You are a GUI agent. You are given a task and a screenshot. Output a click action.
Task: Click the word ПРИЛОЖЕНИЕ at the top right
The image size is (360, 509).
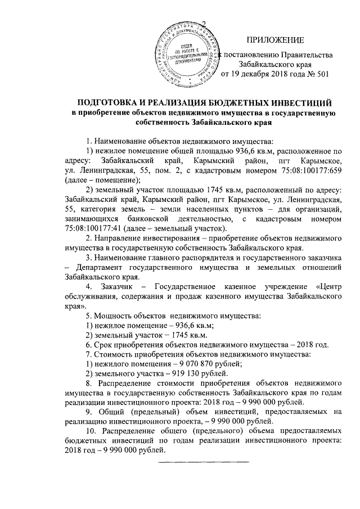(276, 39)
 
